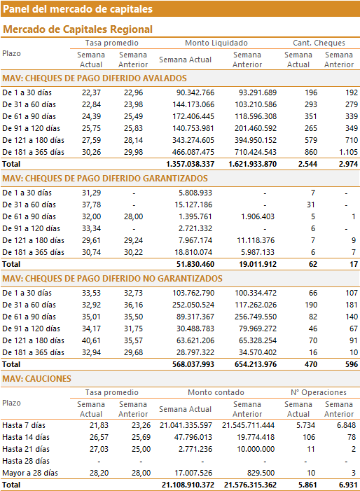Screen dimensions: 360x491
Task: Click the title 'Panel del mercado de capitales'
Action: point(78,9)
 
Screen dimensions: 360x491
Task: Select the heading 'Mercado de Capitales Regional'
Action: point(78,29)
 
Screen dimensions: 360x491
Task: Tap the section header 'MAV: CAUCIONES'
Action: point(36,379)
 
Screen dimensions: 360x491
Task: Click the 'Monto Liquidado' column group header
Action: point(216,43)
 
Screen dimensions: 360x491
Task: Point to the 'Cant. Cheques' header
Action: point(319,43)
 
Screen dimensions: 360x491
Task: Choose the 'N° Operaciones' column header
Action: point(319,392)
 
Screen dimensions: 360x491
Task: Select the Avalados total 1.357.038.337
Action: point(191,164)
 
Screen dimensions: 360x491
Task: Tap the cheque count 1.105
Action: point(348,152)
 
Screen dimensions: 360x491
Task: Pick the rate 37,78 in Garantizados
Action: point(92,205)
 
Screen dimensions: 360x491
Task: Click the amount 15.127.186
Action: point(193,205)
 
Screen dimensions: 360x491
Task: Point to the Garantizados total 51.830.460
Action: point(195,264)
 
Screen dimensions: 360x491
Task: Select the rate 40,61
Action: point(92,340)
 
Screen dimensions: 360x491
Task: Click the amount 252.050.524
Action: point(193,305)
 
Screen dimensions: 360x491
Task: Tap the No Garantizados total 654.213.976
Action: point(256,364)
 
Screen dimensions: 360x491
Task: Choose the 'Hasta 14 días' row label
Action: point(26,438)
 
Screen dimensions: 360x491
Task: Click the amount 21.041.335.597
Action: point(186,426)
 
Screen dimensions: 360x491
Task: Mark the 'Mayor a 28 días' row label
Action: point(30,473)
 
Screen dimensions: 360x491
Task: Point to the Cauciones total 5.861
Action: point(307,485)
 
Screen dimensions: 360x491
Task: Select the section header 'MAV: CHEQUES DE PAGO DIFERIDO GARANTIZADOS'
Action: point(105,179)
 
